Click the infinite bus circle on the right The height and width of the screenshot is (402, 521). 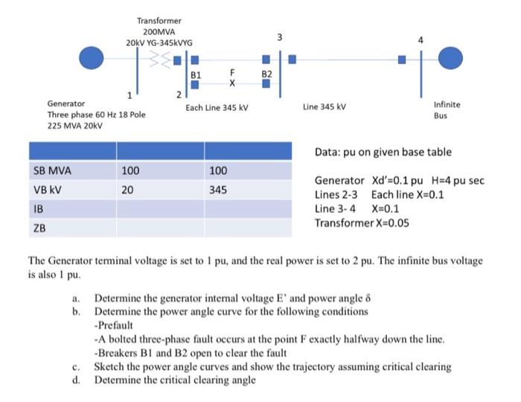point(451,57)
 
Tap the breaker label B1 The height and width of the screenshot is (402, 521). point(196,75)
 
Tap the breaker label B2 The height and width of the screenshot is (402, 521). point(266,75)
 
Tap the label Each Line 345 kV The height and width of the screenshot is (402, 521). point(217,108)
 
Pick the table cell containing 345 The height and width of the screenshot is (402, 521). point(218,190)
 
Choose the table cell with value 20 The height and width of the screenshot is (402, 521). point(128,190)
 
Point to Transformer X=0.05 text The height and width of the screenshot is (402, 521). point(362,223)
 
